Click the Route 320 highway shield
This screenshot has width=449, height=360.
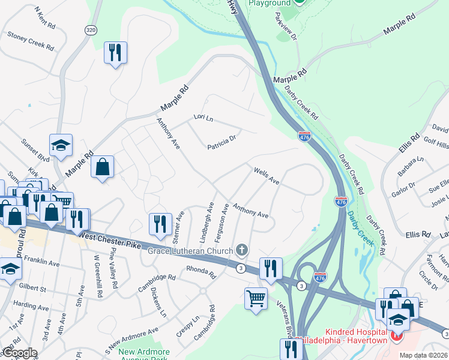click(x=91, y=30)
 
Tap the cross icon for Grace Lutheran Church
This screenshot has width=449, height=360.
click(x=242, y=249)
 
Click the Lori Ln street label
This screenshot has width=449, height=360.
click(x=203, y=118)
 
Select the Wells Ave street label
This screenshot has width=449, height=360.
click(x=267, y=176)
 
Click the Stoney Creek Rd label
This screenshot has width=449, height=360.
click(x=31, y=39)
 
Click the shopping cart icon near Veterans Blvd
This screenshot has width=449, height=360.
click(x=256, y=298)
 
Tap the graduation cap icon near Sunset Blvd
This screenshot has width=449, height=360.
click(x=61, y=145)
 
